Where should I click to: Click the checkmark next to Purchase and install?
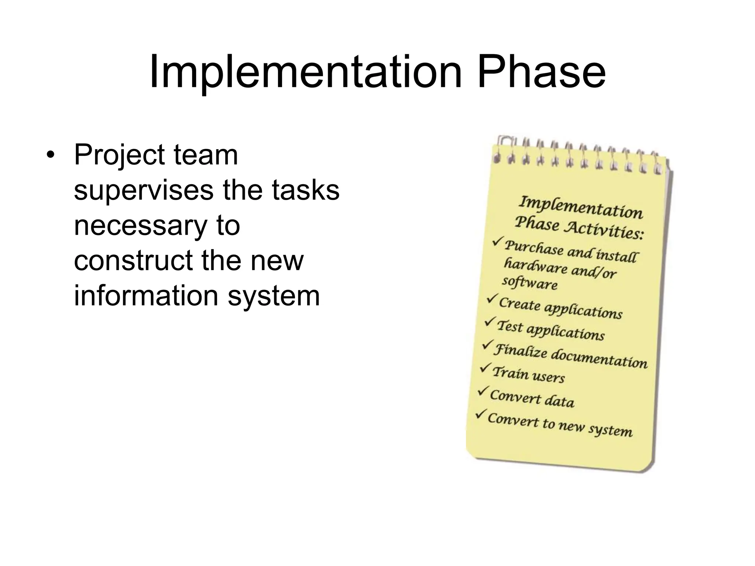click(498, 242)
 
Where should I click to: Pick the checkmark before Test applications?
click(490, 321)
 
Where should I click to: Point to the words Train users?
click(528, 374)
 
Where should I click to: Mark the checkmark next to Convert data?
click(483, 391)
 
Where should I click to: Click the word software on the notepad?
click(530, 283)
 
